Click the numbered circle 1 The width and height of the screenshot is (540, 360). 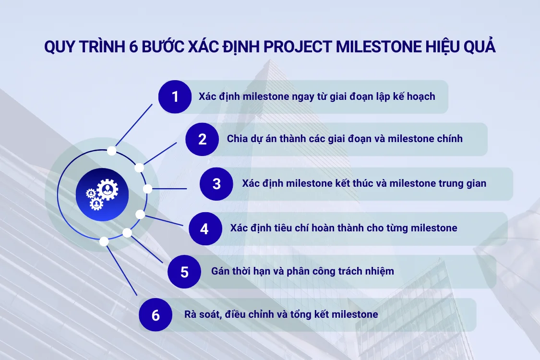(175, 96)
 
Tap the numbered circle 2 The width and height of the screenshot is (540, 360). (202, 139)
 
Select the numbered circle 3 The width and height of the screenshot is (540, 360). (216, 183)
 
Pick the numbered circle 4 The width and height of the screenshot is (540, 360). (204, 228)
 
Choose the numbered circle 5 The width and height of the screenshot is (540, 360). (184, 272)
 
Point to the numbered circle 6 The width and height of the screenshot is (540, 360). (155, 315)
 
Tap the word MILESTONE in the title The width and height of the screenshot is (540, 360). (376, 47)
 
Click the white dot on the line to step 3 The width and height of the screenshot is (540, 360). (148, 189)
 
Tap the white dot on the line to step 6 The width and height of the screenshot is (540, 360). (104, 241)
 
